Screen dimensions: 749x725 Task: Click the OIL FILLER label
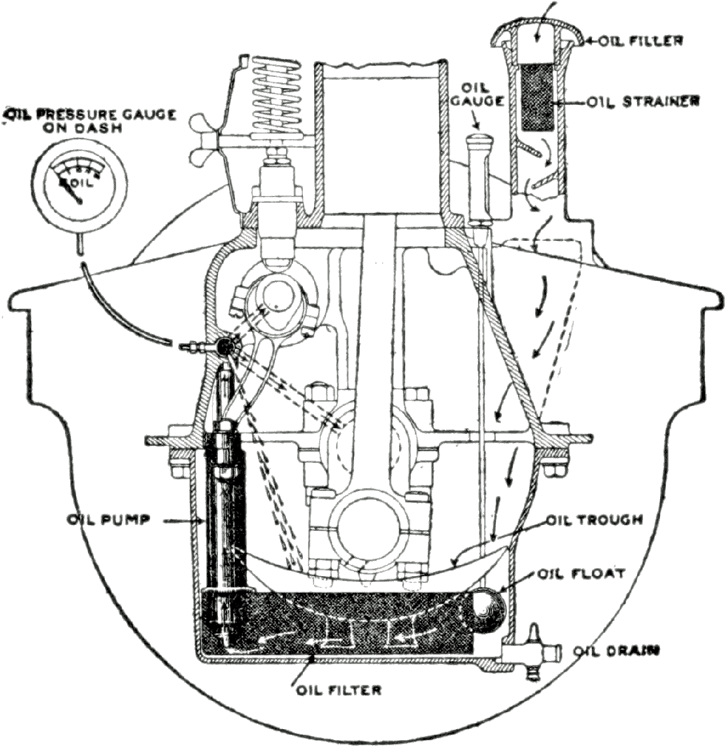point(639,41)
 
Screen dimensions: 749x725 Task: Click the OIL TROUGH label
point(594,520)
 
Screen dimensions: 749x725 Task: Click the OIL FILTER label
point(338,690)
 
